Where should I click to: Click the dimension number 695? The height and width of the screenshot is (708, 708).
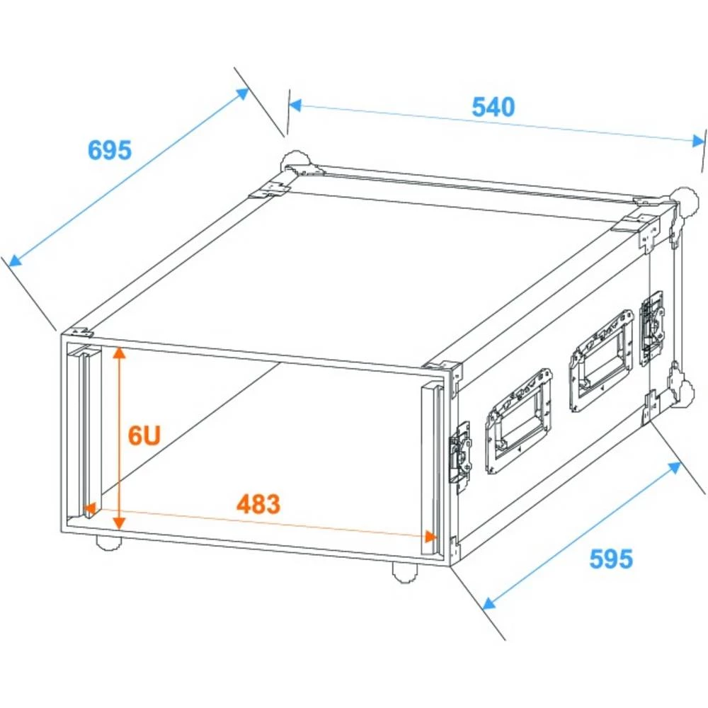pos(109,150)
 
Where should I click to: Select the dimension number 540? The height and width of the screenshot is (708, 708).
pos(493,107)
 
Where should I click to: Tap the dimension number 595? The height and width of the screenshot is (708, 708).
pos(610,559)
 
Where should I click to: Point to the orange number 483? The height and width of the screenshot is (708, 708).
pos(258,504)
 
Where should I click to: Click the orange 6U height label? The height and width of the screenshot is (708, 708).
pos(144,435)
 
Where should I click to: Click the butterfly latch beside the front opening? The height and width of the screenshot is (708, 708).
pos(460,452)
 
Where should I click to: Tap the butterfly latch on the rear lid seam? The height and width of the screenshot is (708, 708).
pos(652,326)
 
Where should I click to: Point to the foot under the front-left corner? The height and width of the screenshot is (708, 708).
pos(108,542)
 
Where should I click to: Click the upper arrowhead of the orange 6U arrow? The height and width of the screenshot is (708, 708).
pos(120,352)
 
